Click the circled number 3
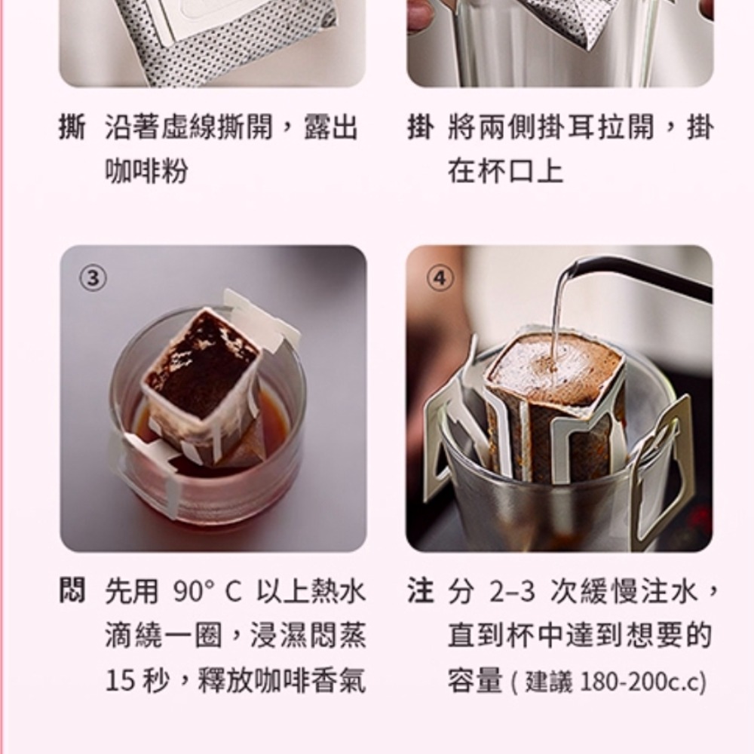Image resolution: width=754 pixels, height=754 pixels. [93, 278]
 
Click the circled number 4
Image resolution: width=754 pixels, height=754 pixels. [440, 278]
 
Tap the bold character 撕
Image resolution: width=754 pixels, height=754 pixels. [72, 127]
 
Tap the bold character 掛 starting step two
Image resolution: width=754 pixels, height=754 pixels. [421, 127]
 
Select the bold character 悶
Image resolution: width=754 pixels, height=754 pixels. [72, 590]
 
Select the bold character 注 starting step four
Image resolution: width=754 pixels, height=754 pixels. [421, 590]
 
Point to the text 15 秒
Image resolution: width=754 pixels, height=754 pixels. [137, 681]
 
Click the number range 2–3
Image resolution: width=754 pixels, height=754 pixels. [512, 591]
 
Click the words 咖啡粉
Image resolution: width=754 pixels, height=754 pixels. [147, 171]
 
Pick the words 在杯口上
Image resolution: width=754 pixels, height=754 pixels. [505, 171]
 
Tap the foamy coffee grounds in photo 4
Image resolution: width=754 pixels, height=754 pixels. [556, 363]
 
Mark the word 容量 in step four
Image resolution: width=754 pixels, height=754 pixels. [475, 681]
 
